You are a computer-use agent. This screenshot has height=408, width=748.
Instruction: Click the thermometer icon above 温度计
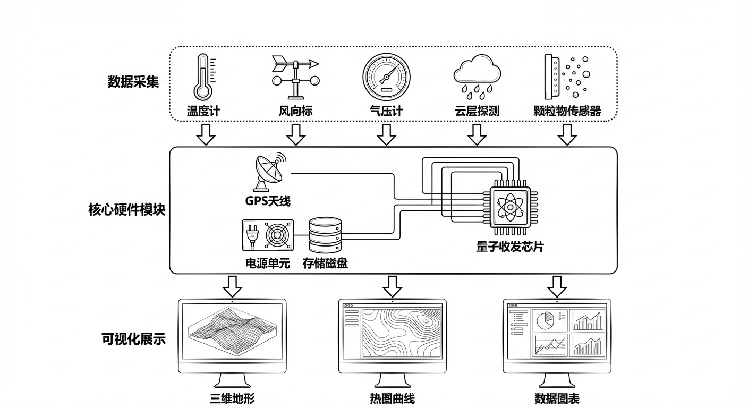pyautogui.click(x=203, y=76)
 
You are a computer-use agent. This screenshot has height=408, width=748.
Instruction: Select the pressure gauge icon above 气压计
pyautogui.click(x=387, y=77)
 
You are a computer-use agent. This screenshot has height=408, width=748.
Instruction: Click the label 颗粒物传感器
pyautogui.click(x=567, y=111)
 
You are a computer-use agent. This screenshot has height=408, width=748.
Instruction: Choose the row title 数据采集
pyautogui.click(x=133, y=82)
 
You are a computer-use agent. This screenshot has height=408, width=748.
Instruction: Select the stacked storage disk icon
pyautogui.click(x=326, y=235)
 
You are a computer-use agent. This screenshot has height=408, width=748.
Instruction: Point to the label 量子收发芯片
pyautogui.click(x=510, y=247)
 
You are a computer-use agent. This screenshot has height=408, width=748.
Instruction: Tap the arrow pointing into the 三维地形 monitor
pyautogui.click(x=232, y=286)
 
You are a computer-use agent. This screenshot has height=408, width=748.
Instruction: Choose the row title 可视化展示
pyautogui.click(x=133, y=339)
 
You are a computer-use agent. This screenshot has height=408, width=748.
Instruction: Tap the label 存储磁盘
pyautogui.click(x=325, y=262)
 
